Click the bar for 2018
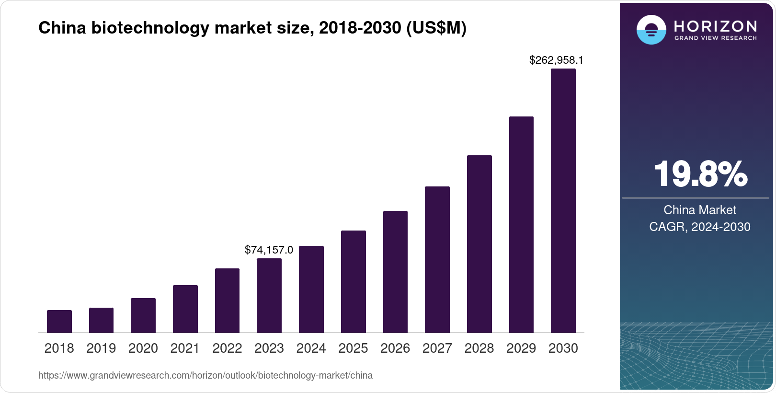tap(59, 321)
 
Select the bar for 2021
tap(185, 309)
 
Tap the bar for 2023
tap(269, 296)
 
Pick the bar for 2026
tap(395, 272)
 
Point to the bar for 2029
tap(521, 224)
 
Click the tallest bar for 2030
tap(563, 200)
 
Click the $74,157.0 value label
tap(269, 250)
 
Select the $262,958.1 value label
tap(556, 60)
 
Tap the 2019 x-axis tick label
tap(101, 348)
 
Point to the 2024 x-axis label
tap(311, 348)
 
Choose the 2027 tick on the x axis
tap(437, 348)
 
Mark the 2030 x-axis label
tap(563, 348)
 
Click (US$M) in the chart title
tap(436, 28)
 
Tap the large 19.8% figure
tap(700, 174)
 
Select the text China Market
tap(700, 210)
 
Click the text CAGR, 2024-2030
tap(700, 227)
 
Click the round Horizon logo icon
tap(651, 30)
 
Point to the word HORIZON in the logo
tap(715, 26)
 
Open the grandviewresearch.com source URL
tap(205, 375)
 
